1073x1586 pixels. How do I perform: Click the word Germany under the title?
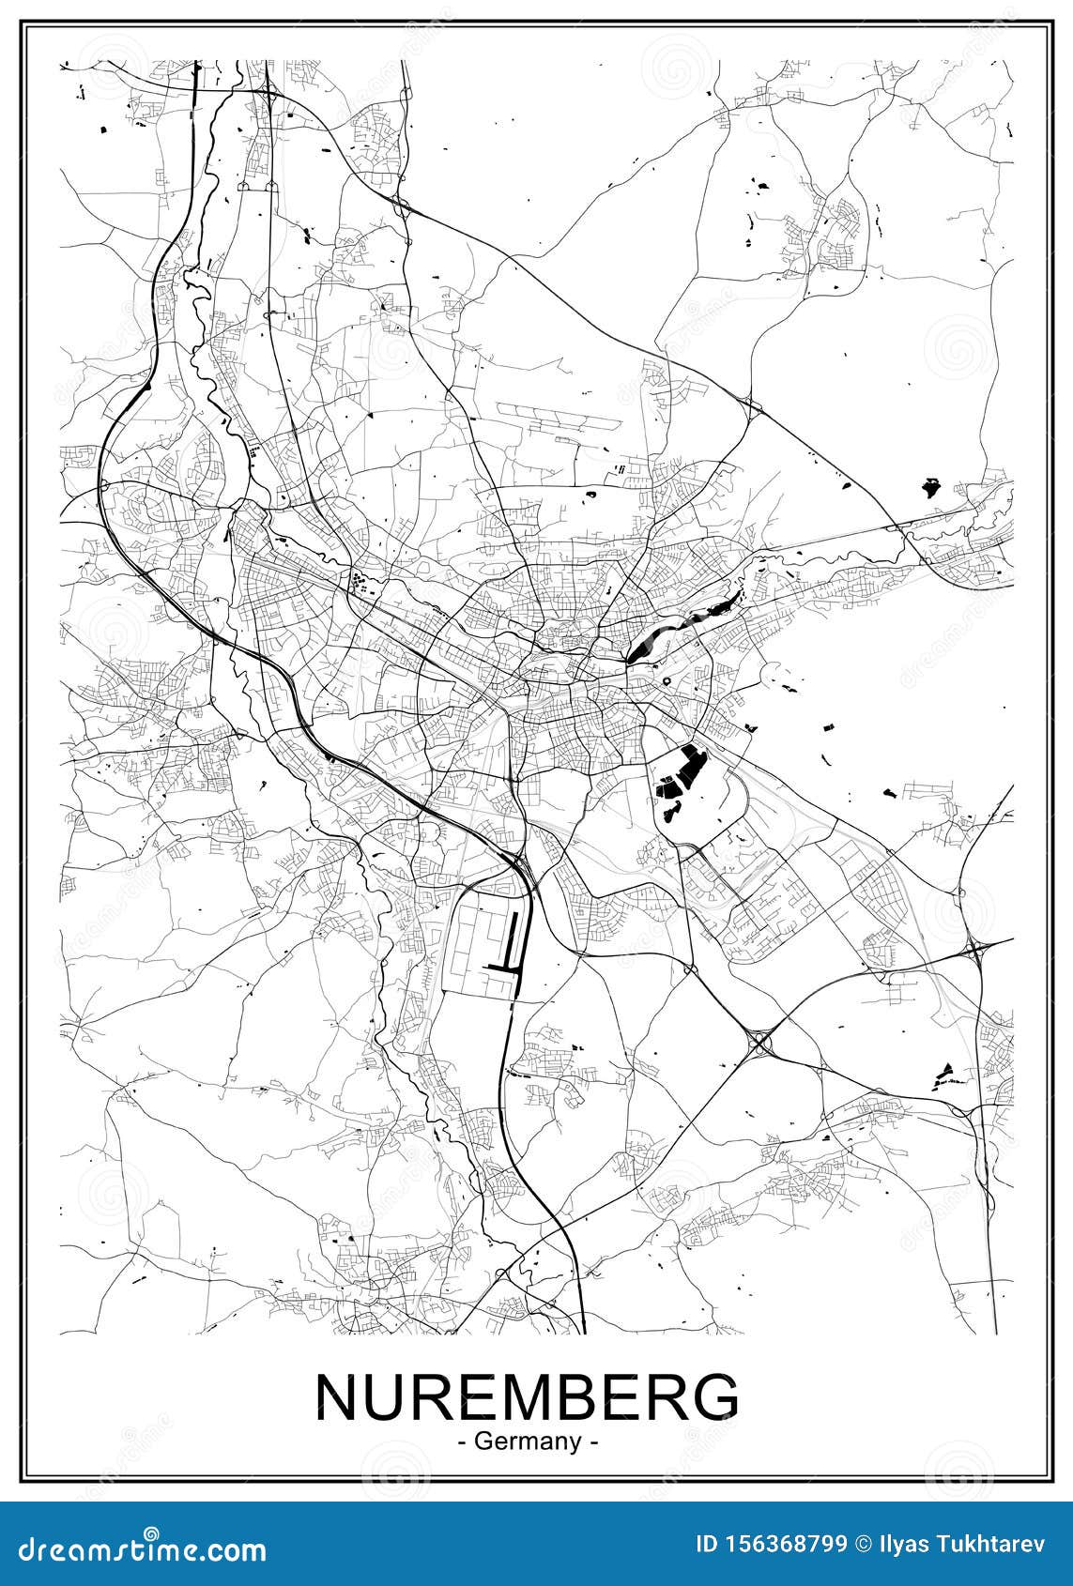click(528, 1441)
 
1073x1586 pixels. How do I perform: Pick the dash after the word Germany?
click(593, 1441)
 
